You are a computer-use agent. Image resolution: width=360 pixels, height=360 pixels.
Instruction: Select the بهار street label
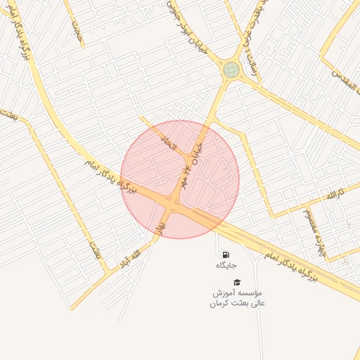[x=161, y=225]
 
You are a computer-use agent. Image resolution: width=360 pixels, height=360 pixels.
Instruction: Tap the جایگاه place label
[x=226, y=265]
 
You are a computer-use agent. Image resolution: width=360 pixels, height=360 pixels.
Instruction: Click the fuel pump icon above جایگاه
[x=225, y=254]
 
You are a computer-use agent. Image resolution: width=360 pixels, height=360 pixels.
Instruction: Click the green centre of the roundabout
[x=231, y=70]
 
